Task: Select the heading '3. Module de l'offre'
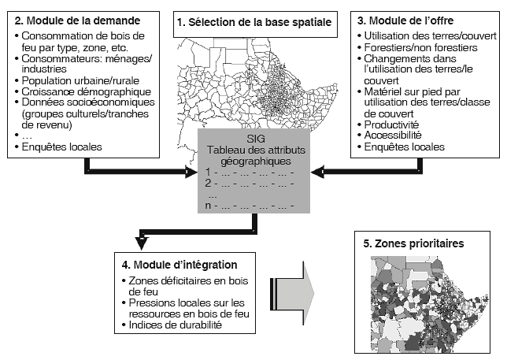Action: pyautogui.click(x=409, y=18)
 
